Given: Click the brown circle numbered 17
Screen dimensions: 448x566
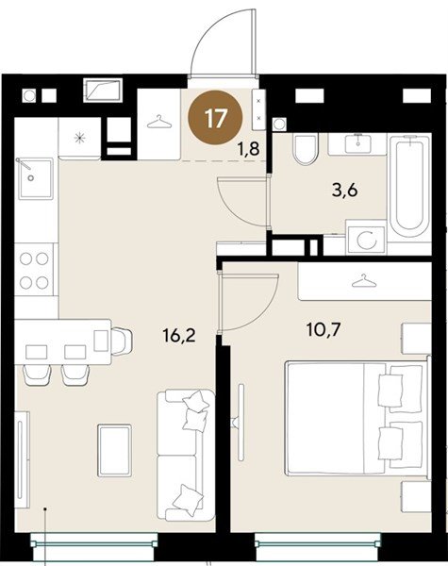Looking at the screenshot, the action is coord(216,117).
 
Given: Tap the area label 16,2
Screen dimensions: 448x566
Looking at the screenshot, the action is coord(179,336).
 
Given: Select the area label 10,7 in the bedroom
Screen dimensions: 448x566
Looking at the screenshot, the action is coord(324,329).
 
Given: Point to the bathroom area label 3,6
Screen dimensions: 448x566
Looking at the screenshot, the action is coord(345,191).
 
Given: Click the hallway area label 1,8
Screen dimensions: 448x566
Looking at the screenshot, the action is coord(248,148).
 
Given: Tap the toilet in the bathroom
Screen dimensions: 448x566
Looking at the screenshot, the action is coord(306,148).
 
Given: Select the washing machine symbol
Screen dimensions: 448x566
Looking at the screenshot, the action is coord(366,239).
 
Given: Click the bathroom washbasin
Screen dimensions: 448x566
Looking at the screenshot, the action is coord(357,144).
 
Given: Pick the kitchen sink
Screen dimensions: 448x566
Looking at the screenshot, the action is coord(36,178).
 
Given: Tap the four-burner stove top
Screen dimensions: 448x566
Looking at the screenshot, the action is coord(34,270).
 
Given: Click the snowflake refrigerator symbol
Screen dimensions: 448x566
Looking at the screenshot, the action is coord(79,138).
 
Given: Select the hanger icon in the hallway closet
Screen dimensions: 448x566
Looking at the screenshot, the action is coord(158,122).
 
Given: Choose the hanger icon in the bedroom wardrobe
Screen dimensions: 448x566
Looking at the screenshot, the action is coord(364,281).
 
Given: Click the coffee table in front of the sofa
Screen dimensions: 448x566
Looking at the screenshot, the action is coord(114,450).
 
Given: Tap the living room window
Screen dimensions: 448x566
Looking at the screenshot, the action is coord(94,543).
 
